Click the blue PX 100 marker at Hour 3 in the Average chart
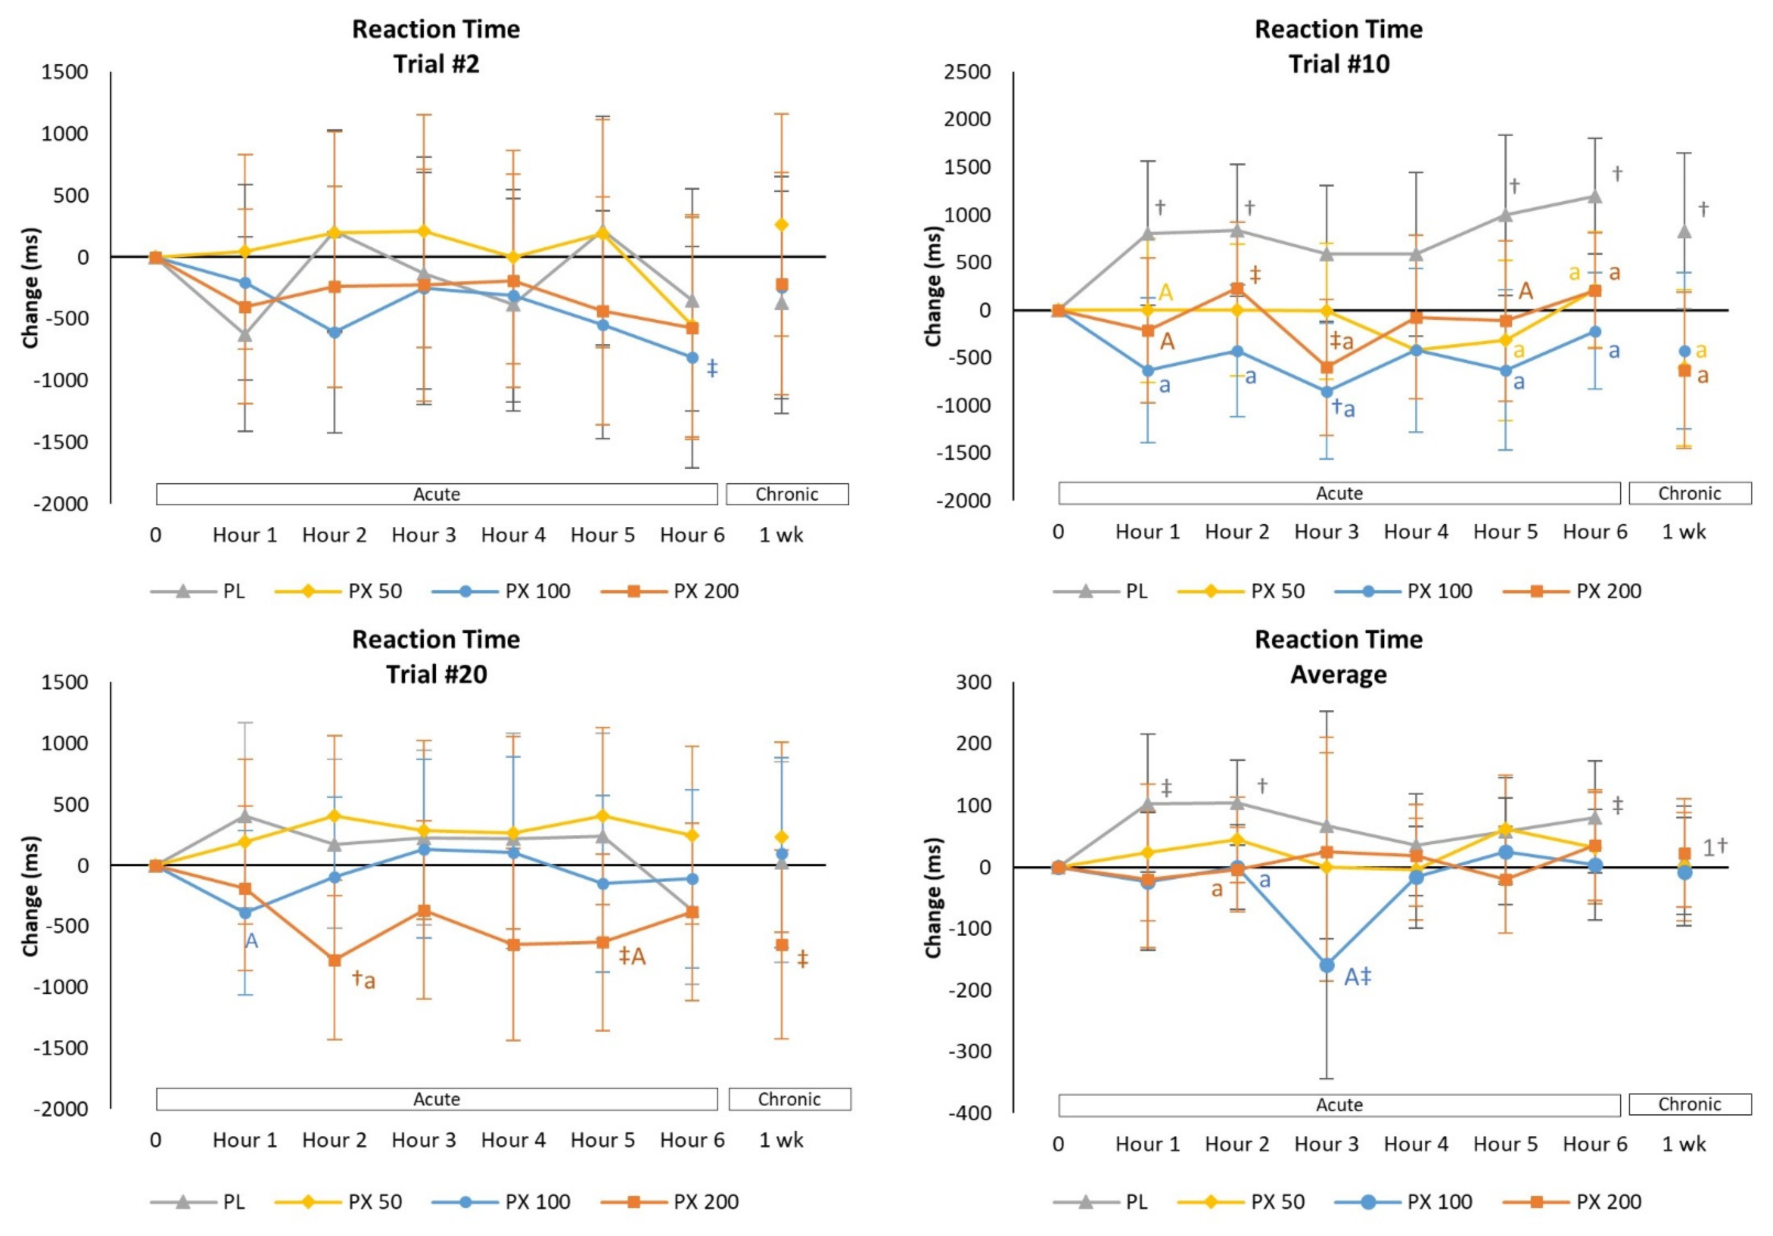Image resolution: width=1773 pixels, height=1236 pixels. (x=1327, y=965)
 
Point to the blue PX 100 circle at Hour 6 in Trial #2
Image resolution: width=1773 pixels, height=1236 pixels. (x=693, y=358)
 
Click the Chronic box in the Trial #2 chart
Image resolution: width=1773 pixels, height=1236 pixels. (x=787, y=494)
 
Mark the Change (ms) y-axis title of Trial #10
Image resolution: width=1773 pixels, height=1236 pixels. (x=933, y=286)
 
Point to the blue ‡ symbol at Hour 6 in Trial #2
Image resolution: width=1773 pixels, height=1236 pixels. (x=712, y=368)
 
